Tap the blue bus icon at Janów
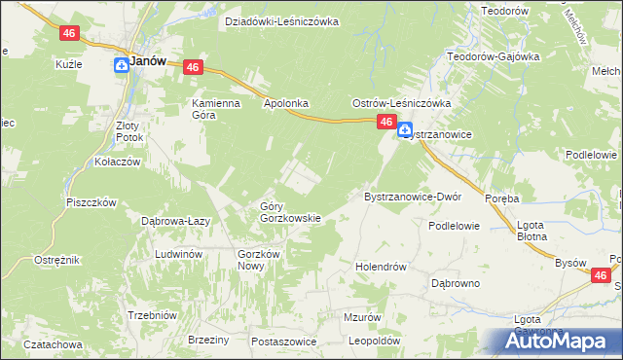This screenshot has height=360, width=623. [x=121, y=65]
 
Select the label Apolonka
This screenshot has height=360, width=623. [x=286, y=101]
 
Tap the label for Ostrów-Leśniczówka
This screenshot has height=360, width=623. [x=400, y=102]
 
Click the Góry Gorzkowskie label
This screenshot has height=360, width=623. [x=289, y=211]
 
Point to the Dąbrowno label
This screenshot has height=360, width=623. [x=456, y=283]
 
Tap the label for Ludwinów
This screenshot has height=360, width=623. [x=178, y=254]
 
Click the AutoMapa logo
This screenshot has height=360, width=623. [x=559, y=342]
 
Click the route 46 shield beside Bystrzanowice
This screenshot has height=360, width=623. [x=385, y=122]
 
